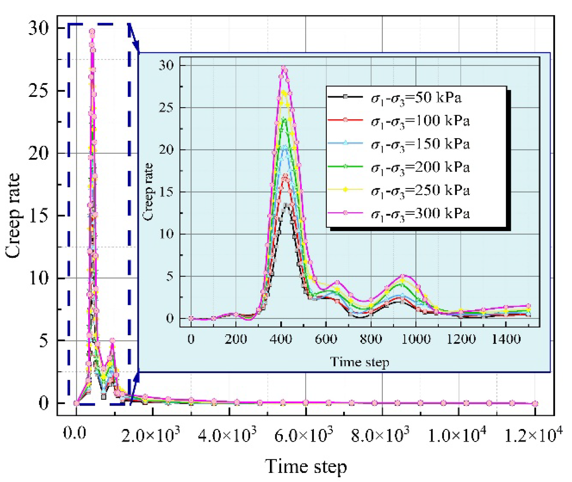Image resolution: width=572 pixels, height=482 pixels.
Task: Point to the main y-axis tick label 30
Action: pyautogui.click(x=39, y=28)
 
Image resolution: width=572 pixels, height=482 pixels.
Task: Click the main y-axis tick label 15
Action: pyautogui.click(x=39, y=216)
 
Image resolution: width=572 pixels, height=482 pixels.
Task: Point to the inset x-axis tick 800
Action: pyautogui.click(x=371, y=339)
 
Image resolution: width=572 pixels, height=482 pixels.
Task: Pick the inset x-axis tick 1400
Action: pyautogui.click(x=506, y=339)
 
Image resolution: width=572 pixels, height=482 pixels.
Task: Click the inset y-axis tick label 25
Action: pyautogui.click(x=166, y=108)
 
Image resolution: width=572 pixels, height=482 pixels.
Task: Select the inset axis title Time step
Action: pyautogui.click(x=360, y=362)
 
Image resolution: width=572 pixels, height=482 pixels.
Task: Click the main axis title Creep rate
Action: pyautogui.click(x=13, y=216)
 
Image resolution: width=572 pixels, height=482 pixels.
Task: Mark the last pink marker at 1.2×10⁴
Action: pyautogui.click(x=535, y=403)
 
